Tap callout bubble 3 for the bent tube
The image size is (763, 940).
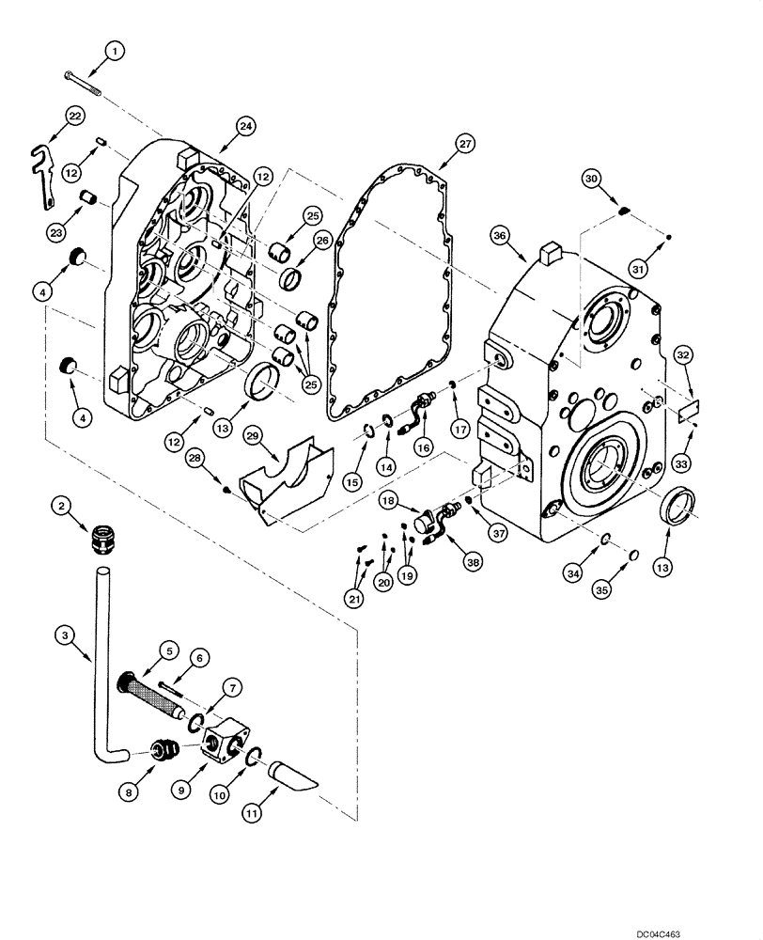(x=64, y=637)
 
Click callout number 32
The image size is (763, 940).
(x=683, y=355)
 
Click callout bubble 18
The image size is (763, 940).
(x=386, y=504)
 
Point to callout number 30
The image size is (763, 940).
(x=615, y=178)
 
